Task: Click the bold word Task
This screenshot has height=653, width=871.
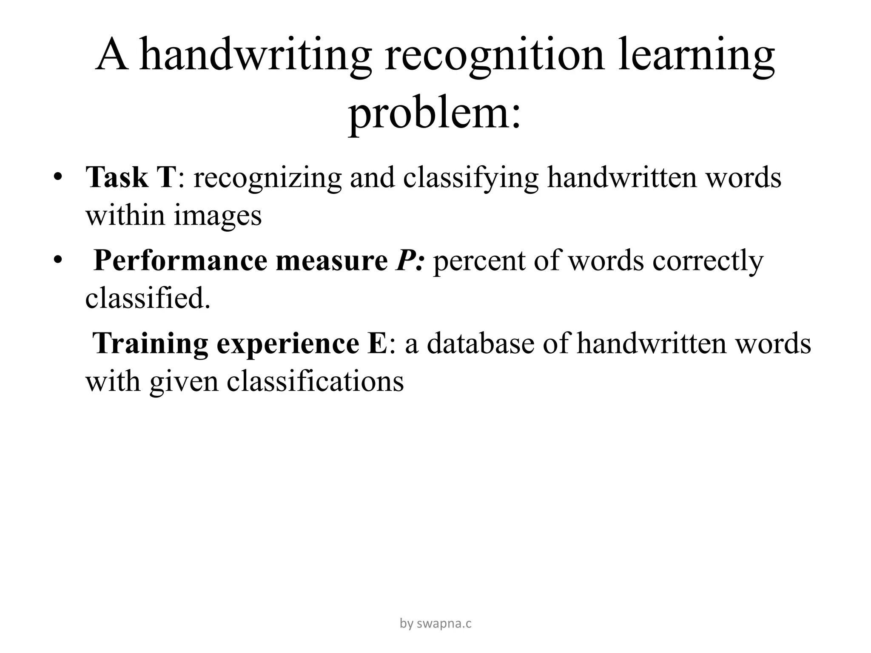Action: (117, 177)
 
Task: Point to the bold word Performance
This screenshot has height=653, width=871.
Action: (180, 260)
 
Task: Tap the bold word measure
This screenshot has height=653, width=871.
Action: (332, 260)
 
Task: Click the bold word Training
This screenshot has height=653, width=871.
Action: (151, 344)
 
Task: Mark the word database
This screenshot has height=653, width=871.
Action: (481, 343)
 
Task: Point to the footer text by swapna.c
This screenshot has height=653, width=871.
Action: (435, 623)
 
